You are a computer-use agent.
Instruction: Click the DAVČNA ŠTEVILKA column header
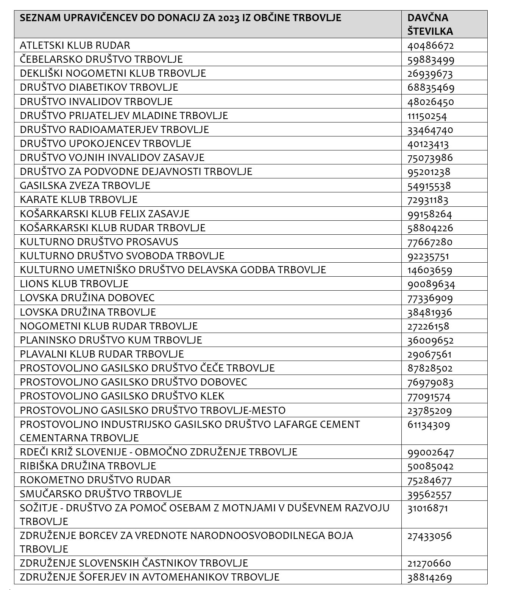[430, 24]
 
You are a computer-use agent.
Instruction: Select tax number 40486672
[431, 46]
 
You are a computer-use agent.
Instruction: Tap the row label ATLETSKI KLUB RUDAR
[75, 45]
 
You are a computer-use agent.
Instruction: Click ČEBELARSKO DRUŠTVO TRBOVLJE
[101, 59]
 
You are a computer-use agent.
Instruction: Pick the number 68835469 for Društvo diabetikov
[431, 88]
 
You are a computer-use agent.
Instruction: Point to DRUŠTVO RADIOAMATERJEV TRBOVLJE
[114, 130]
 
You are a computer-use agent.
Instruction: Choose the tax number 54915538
[429, 186]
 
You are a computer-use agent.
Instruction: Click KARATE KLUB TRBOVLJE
[79, 200]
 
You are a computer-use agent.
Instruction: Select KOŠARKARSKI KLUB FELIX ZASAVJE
[105, 214]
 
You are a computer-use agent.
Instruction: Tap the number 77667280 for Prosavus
[430, 242]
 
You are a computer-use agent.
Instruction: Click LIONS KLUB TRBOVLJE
[74, 284]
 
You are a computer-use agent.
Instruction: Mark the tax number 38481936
[430, 312]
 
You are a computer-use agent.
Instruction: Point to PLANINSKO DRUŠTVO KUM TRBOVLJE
[111, 340]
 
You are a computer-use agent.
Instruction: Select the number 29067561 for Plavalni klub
[429, 354]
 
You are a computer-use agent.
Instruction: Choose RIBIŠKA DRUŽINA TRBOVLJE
[88, 466]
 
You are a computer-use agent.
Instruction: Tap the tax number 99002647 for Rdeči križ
[431, 452]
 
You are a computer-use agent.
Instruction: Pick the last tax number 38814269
[430, 578]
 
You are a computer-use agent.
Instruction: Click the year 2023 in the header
[229, 18]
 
